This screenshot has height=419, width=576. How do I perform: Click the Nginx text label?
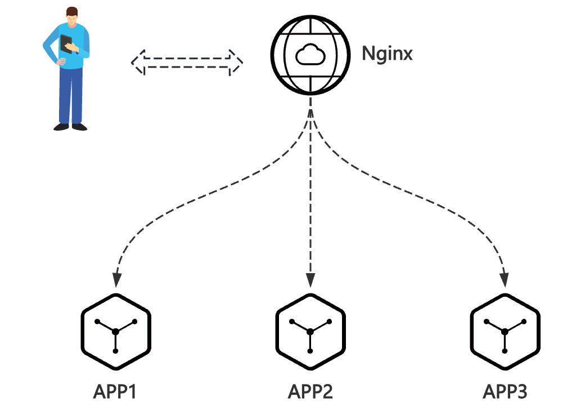click(x=388, y=54)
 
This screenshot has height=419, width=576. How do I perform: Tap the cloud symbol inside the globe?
click(x=310, y=55)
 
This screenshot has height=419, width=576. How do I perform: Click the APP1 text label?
click(x=115, y=391)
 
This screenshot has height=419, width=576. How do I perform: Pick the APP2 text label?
click(x=310, y=391)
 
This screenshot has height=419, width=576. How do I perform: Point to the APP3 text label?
click(x=505, y=391)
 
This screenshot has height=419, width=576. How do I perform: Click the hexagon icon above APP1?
click(x=116, y=331)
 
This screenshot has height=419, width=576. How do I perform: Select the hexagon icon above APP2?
click(x=310, y=331)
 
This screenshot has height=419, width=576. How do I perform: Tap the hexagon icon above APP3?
click(x=505, y=331)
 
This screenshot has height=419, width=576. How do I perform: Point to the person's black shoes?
click(x=71, y=127)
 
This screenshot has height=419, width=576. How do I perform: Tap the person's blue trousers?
click(x=70, y=93)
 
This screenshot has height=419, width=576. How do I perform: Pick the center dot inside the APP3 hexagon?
click(x=505, y=332)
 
